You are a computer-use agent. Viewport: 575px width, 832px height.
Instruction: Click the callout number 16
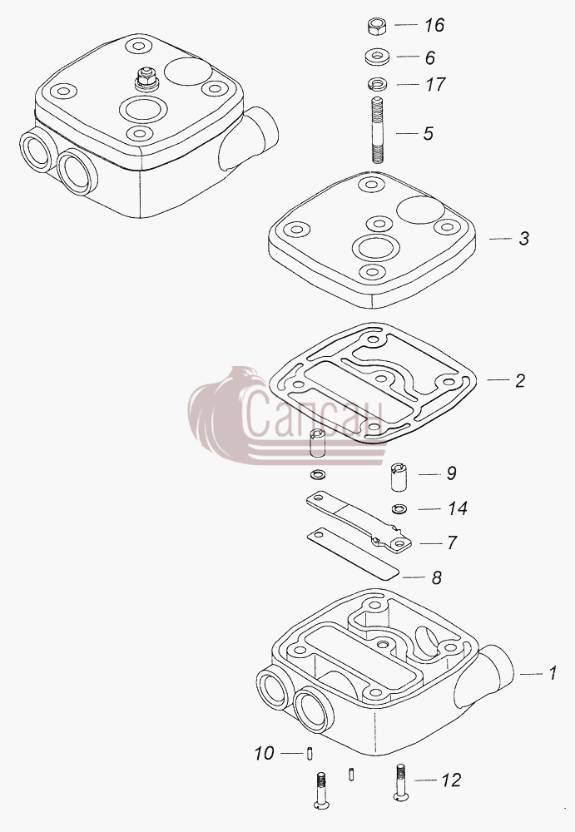(434, 25)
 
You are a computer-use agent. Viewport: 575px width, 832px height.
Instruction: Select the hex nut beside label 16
(376, 26)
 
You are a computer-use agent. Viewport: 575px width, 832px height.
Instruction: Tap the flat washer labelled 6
(377, 57)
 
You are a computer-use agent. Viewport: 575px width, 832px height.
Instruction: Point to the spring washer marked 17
(377, 84)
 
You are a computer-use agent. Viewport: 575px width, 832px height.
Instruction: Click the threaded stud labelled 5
(378, 130)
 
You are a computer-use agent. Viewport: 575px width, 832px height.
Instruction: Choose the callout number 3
(524, 238)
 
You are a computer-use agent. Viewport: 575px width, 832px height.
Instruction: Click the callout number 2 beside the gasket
(520, 380)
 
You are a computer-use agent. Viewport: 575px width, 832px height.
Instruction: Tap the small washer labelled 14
(399, 509)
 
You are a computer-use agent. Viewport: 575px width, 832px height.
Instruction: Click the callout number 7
(451, 542)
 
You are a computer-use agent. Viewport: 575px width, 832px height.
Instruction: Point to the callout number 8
(436, 577)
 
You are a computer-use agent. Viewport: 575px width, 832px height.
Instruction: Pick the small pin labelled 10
(310, 754)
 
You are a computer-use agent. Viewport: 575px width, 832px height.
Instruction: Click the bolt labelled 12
(401, 782)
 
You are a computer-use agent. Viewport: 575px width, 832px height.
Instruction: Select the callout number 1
(553, 673)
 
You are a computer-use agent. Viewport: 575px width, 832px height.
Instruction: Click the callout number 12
(451, 780)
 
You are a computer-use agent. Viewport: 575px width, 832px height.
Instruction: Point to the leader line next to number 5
(407, 133)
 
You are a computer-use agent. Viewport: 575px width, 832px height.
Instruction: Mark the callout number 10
(264, 753)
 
